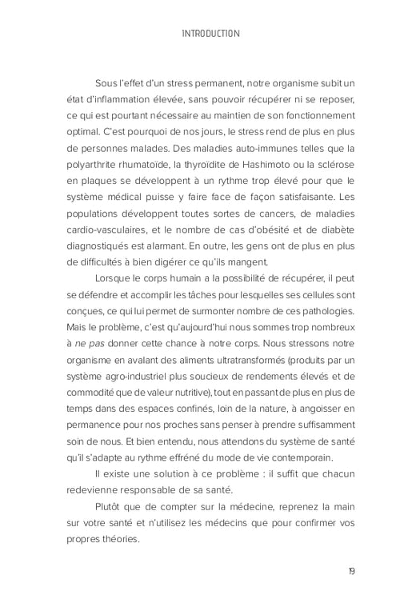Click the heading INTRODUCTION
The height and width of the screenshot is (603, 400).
pyautogui.click(x=210, y=34)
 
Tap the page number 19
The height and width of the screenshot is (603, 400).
pyautogui.click(x=353, y=570)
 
